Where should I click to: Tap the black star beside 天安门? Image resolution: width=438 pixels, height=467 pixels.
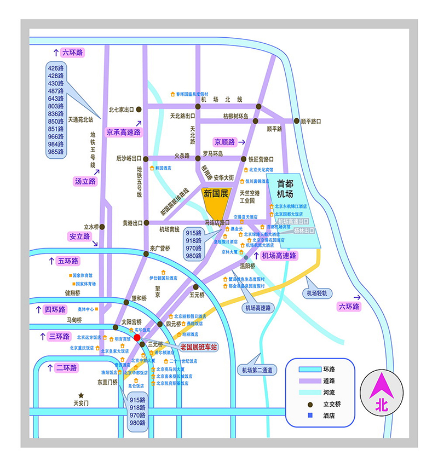pyautogui.click(x=81, y=395)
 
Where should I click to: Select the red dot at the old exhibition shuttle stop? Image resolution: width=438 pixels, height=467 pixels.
pyautogui.click(x=137, y=338)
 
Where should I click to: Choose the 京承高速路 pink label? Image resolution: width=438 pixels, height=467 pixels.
pyautogui.click(x=124, y=132)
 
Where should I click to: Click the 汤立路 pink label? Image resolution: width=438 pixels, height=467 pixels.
pyautogui.click(x=85, y=181)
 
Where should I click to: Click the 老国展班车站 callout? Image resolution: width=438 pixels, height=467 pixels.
pyautogui.click(x=199, y=347)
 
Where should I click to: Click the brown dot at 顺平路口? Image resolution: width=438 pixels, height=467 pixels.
pyautogui.click(x=297, y=121)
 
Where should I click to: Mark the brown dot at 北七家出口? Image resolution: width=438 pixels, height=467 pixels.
pyautogui.click(x=139, y=109)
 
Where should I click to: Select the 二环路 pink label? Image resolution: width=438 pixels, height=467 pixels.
pyautogui.click(x=66, y=367)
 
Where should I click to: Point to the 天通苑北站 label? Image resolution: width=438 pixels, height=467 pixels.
pyautogui.click(x=81, y=119)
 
